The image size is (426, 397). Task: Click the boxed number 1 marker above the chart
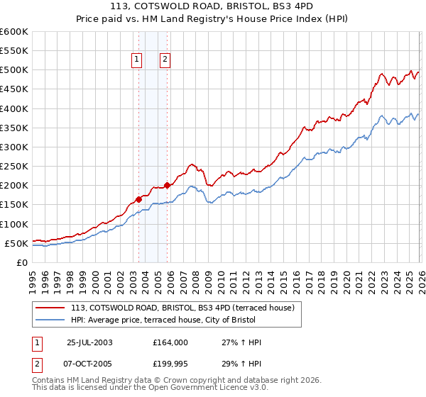pyautogui.click(x=136, y=60)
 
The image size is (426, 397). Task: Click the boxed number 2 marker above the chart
pyautogui.click(x=165, y=60)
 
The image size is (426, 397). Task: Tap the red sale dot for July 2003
pyautogui.click(x=138, y=199)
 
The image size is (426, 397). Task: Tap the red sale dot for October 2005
pyautogui.click(x=167, y=186)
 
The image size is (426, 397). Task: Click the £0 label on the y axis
pyautogui.click(x=21, y=262)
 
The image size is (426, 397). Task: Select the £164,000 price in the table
pyautogui.click(x=170, y=342)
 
